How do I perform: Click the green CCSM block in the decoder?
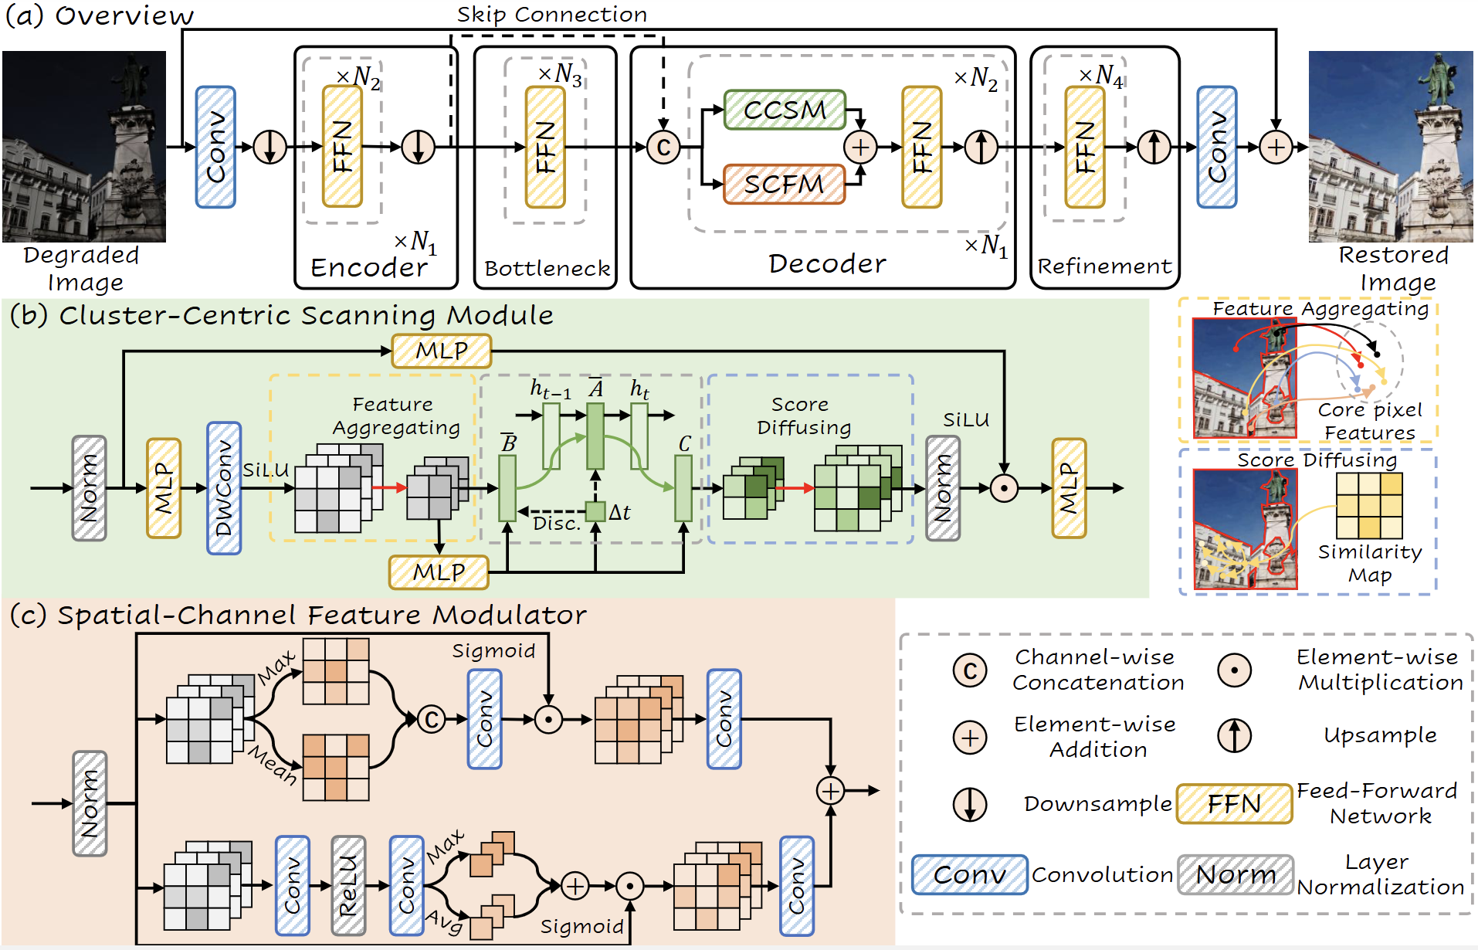(x=784, y=110)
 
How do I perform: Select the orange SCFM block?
(x=784, y=184)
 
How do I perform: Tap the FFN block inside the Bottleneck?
(x=545, y=147)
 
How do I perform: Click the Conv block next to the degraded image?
(x=215, y=147)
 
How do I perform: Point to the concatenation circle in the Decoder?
(x=663, y=147)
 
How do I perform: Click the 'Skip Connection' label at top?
(x=551, y=14)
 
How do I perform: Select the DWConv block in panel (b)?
(x=224, y=487)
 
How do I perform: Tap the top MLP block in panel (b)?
(x=441, y=351)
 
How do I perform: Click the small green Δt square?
(x=595, y=511)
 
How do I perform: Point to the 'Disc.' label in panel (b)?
(x=556, y=524)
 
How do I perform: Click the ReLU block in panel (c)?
(x=348, y=885)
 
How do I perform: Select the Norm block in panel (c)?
(x=90, y=803)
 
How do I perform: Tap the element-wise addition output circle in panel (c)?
(x=830, y=790)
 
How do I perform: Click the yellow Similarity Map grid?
(x=1369, y=506)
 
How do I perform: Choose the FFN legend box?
(x=1233, y=803)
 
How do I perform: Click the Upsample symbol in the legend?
(x=1234, y=735)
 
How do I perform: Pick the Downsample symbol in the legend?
(x=969, y=803)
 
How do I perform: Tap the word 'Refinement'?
(x=1103, y=266)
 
